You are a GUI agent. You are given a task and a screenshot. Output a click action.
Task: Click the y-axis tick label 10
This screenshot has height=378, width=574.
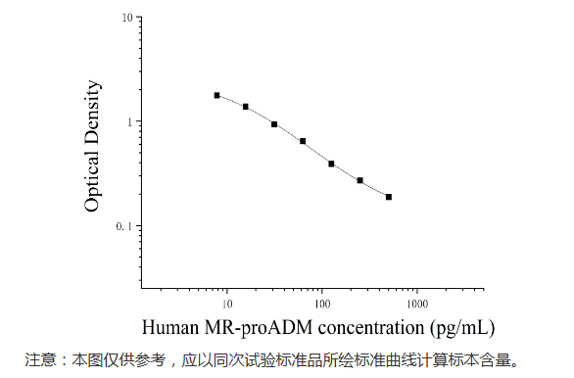pyautogui.click(x=126, y=19)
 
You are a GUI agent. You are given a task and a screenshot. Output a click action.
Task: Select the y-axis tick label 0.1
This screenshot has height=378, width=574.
pyautogui.click(x=124, y=226)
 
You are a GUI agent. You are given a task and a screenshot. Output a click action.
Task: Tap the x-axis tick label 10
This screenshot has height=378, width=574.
pyautogui.click(x=227, y=302)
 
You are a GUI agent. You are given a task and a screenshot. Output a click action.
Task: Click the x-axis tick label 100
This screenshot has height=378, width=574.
pyautogui.click(x=322, y=302)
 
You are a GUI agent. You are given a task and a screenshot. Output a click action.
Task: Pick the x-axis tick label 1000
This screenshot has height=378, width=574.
pyautogui.click(x=417, y=302)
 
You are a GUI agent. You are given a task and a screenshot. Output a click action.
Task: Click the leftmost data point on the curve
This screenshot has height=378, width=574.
pyautogui.click(x=216, y=95)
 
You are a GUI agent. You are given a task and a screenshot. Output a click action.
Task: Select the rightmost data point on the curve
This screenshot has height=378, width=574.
pyautogui.click(x=389, y=197)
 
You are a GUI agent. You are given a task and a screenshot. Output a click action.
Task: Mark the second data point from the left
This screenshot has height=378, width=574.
pyautogui.click(x=245, y=106)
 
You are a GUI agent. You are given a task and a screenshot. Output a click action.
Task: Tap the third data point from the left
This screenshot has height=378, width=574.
pyautogui.click(x=274, y=124)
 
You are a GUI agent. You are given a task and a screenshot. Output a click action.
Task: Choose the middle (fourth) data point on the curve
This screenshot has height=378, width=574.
pyautogui.click(x=303, y=141)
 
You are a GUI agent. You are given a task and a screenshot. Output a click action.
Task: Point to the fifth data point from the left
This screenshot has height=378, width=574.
pyautogui.click(x=331, y=164)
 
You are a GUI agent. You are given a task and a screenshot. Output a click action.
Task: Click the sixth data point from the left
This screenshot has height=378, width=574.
pyautogui.click(x=360, y=180)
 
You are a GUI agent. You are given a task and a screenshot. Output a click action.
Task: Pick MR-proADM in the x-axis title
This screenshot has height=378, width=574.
pyautogui.click(x=249, y=325)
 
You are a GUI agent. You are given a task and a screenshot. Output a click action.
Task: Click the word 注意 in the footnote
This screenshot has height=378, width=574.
pyautogui.click(x=41, y=359)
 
